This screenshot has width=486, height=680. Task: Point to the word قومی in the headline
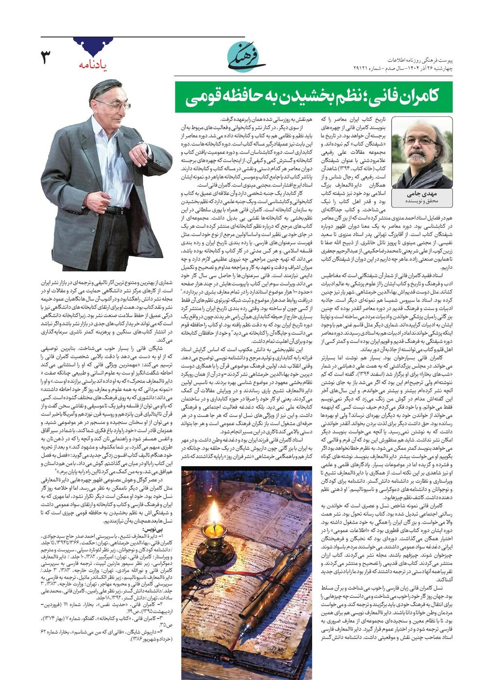[200, 98]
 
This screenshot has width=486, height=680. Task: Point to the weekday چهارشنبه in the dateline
[439, 68]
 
